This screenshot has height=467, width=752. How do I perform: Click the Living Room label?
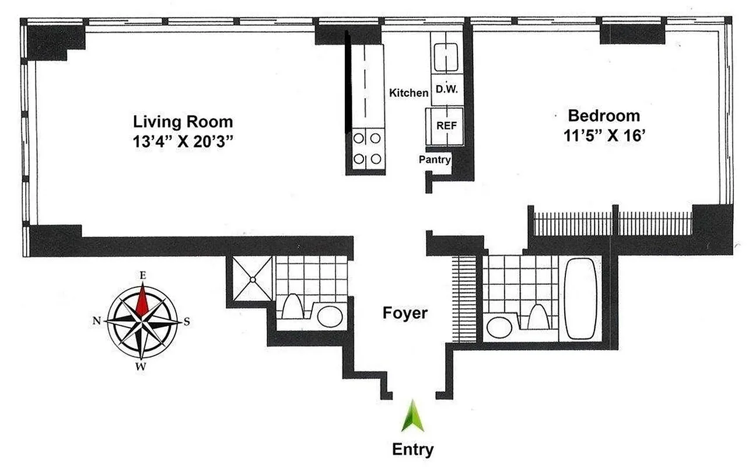point(183,122)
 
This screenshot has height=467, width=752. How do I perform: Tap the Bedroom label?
point(604,115)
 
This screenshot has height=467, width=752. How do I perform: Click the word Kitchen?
point(408,93)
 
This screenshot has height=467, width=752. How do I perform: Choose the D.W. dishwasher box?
point(446,90)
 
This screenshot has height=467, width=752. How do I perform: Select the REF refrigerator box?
point(446,125)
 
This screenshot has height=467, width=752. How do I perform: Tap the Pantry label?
point(435,159)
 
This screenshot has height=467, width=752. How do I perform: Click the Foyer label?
point(405,313)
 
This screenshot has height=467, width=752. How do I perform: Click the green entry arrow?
point(413,416)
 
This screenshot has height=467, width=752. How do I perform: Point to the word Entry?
point(413,449)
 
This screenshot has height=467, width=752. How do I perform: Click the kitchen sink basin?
point(447,57)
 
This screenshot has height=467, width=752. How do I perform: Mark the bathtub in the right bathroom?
point(580,298)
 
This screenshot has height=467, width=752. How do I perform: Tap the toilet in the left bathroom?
point(291,306)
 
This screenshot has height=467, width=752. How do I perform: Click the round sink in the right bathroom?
point(499,327)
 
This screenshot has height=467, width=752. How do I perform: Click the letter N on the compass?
point(96,320)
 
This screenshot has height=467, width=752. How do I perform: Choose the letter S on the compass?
point(187,321)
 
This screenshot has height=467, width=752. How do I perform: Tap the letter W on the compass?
point(141,367)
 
